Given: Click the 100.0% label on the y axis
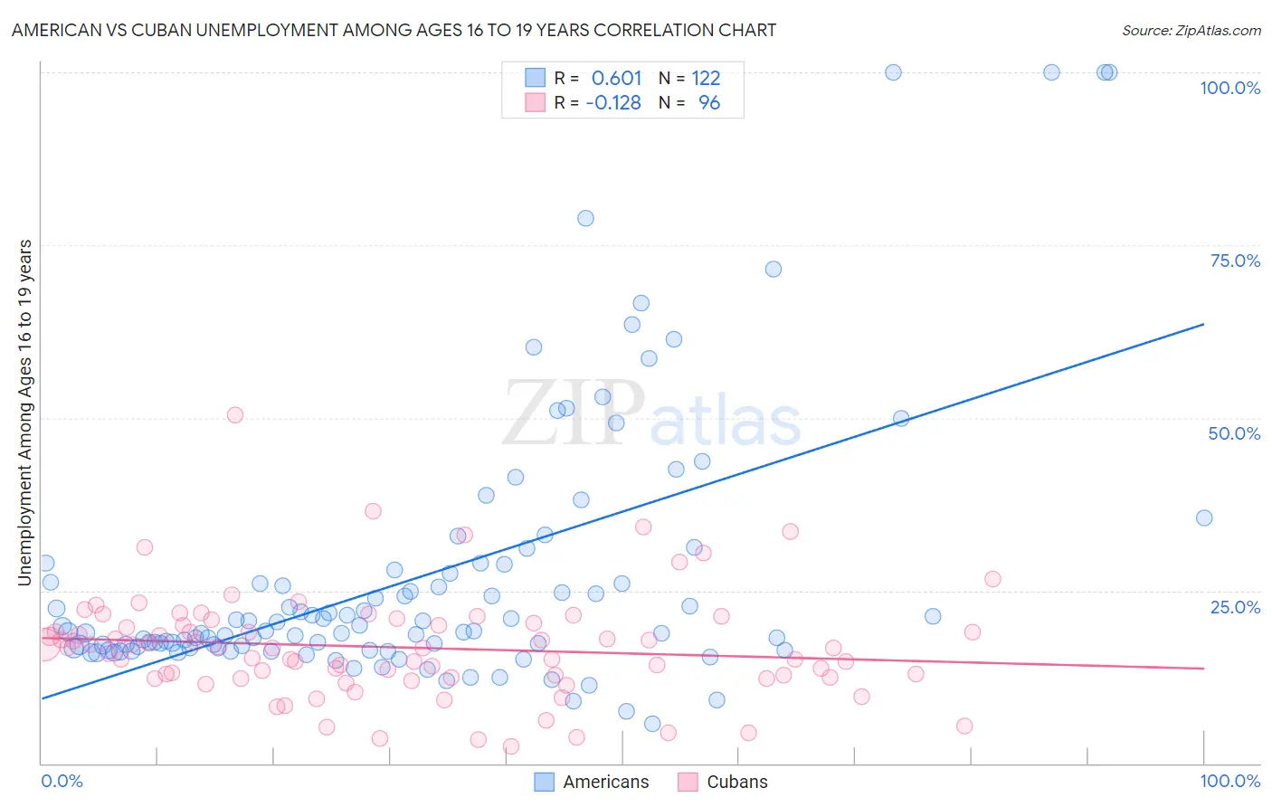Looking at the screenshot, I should click(x=1229, y=88).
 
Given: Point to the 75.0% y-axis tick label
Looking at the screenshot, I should click(x=1235, y=261).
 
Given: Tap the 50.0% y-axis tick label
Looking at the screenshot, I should click(x=1234, y=433).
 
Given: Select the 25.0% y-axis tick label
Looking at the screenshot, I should click(x=1235, y=606).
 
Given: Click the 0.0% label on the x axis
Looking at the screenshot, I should click(x=62, y=781).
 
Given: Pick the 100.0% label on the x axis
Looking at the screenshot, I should click(x=1229, y=781).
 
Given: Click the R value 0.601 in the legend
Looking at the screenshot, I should click(x=616, y=78).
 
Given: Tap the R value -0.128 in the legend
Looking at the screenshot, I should click(x=613, y=103).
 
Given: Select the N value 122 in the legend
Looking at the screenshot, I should click(x=706, y=78).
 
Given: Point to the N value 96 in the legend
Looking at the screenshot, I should click(x=709, y=103).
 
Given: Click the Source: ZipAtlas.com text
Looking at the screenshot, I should click(x=1191, y=30).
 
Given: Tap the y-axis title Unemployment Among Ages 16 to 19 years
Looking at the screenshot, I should click(x=24, y=412).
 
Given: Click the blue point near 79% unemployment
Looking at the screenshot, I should click(x=585, y=218).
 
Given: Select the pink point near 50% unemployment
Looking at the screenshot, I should click(x=235, y=415).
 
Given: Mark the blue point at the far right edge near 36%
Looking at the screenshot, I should click(x=1204, y=518).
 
